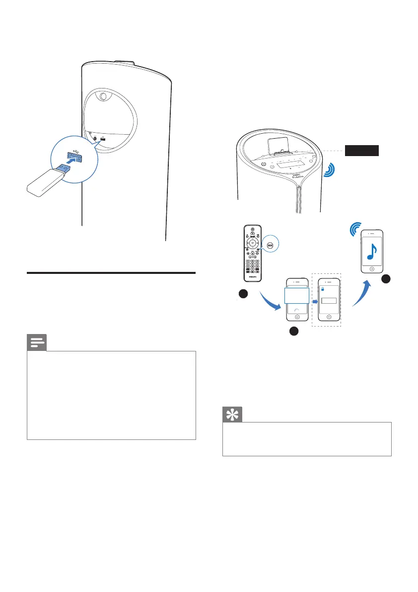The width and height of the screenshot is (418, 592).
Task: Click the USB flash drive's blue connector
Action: (x=63, y=170)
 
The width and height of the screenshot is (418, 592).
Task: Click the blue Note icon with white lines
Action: (x=36, y=343)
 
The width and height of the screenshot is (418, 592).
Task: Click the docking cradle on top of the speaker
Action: (x=280, y=145)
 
